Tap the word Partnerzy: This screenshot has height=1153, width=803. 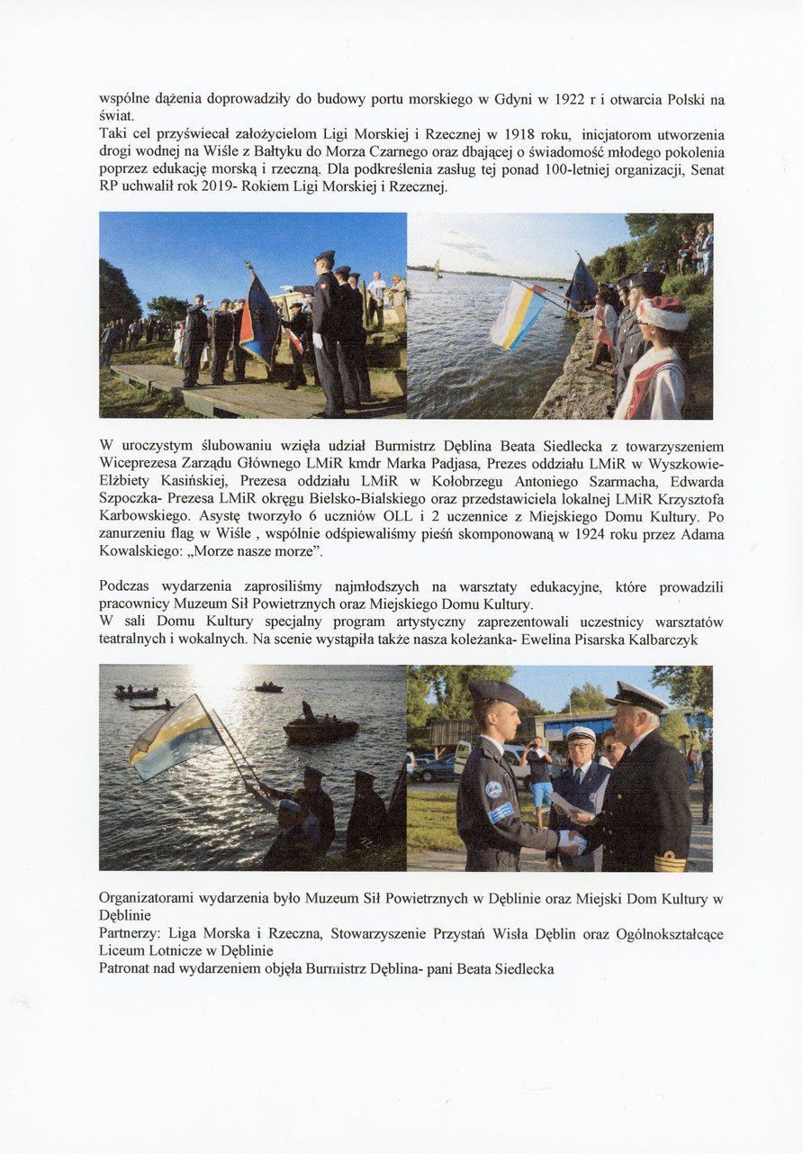128,934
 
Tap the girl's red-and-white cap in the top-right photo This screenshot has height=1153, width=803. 663,313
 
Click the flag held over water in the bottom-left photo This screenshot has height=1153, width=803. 176,737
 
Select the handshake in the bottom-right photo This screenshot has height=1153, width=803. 571,840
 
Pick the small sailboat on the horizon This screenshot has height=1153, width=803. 438,268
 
